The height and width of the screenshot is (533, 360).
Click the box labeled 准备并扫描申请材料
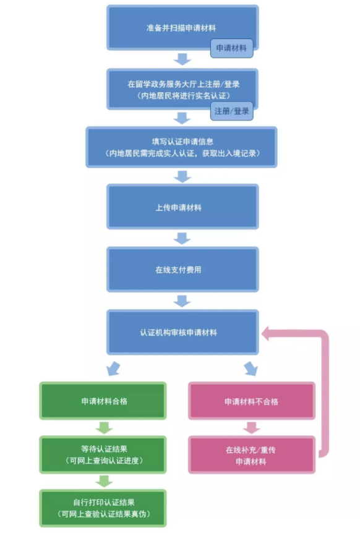[182, 28]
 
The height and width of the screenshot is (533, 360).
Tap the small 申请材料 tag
[232, 48]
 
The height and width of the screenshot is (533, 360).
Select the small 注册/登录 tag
[232, 111]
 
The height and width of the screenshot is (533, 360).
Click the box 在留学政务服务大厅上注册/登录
[182, 89]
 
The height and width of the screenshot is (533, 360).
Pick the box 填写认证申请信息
[181, 147]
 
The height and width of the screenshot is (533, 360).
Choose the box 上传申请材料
[182, 207]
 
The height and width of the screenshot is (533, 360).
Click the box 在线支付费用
[182, 270]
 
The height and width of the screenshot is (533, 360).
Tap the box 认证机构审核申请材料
[182, 332]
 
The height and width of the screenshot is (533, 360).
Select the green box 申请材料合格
[103, 401]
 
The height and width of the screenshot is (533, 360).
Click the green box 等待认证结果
[103, 454]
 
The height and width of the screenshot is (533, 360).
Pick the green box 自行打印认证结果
[103, 508]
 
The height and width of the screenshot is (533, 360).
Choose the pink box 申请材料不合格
[252, 401]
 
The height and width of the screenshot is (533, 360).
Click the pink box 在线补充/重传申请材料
[252, 455]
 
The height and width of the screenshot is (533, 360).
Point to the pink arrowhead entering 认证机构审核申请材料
[266, 333]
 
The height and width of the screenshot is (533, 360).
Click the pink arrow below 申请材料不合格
[252, 428]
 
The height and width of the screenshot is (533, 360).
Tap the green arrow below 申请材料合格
[104, 428]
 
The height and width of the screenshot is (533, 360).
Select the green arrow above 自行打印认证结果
[104, 481]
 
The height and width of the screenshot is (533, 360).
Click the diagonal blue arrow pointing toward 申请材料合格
[114, 369]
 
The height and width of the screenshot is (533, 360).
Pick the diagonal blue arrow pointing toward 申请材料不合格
[251, 369]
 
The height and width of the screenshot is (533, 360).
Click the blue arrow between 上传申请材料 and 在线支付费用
[182, 239]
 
